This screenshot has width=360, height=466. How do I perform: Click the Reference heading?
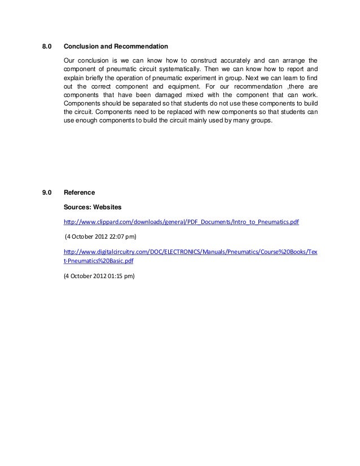[x=80, y=193]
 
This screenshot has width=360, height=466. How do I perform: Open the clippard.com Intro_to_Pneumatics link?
[x=181, y=222]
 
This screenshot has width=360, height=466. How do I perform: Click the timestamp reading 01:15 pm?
[x=122, y=276]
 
